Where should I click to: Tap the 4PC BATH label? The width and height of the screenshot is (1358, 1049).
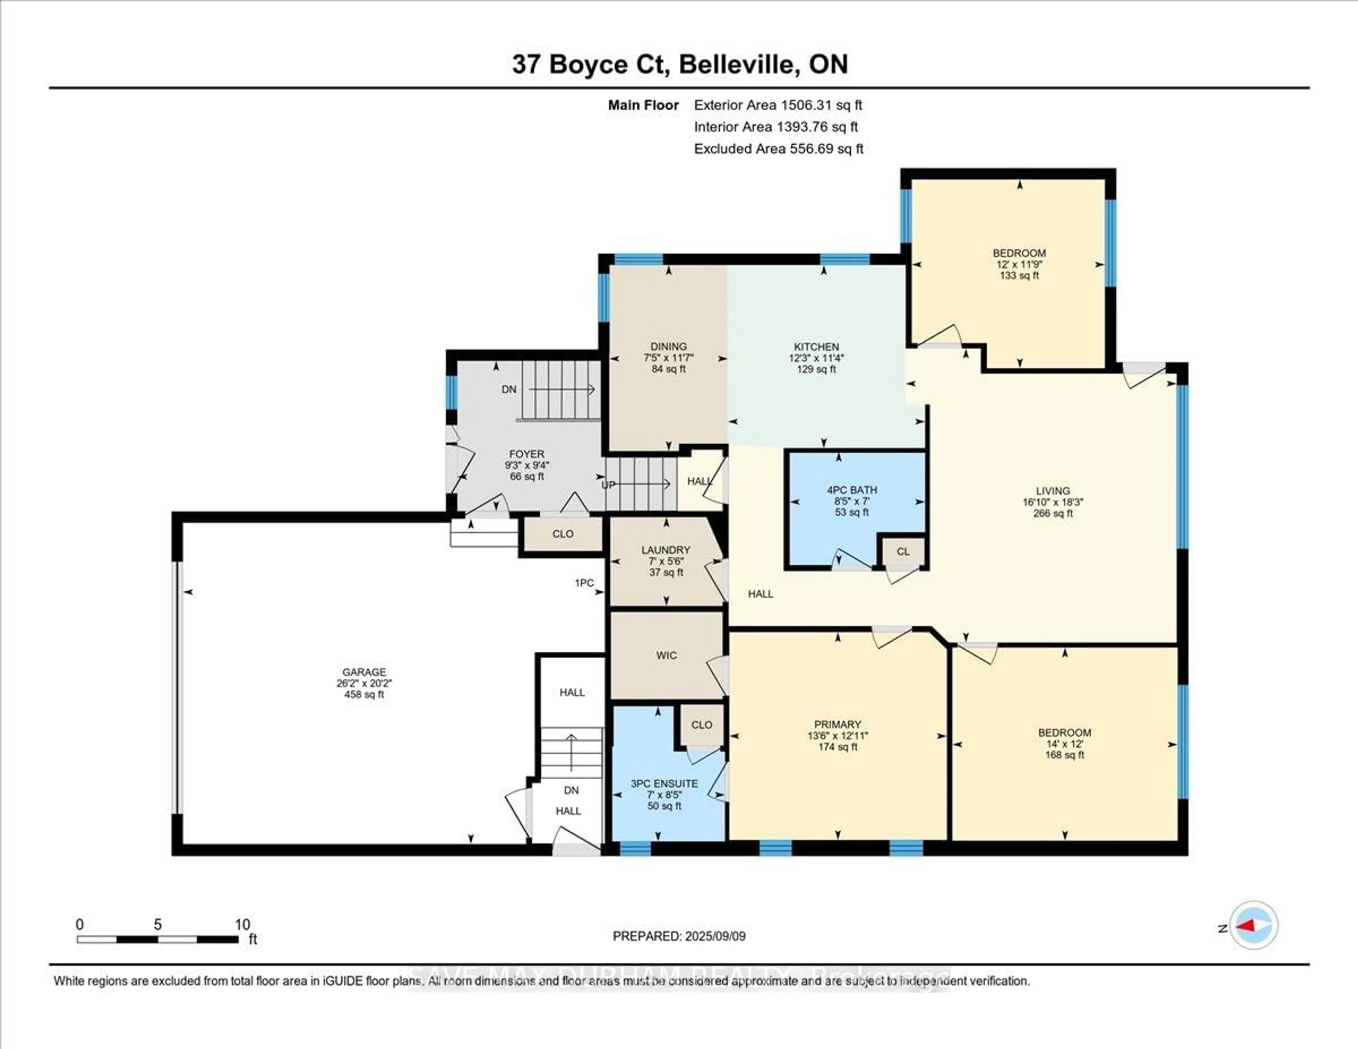(851, 490)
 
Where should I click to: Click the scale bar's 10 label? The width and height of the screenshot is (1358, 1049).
(243, 925)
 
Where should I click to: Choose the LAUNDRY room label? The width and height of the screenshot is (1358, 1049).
(666, 550)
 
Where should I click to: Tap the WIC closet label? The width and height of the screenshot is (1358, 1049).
(666, 655)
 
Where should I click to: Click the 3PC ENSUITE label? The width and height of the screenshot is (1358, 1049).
(664, 783)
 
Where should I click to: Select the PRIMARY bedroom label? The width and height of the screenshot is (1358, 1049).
(837, 724)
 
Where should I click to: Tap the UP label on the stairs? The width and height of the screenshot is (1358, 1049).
(608, 485)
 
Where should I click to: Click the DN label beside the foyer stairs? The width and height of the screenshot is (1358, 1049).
(509, 389)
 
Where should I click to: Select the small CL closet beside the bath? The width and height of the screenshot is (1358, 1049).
(903, 551)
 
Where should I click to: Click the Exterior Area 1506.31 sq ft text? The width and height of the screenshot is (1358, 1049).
(778, 105)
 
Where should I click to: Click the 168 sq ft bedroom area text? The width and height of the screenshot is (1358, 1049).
(1064, 755)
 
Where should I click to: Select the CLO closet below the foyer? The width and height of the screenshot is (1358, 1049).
(563, 534)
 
